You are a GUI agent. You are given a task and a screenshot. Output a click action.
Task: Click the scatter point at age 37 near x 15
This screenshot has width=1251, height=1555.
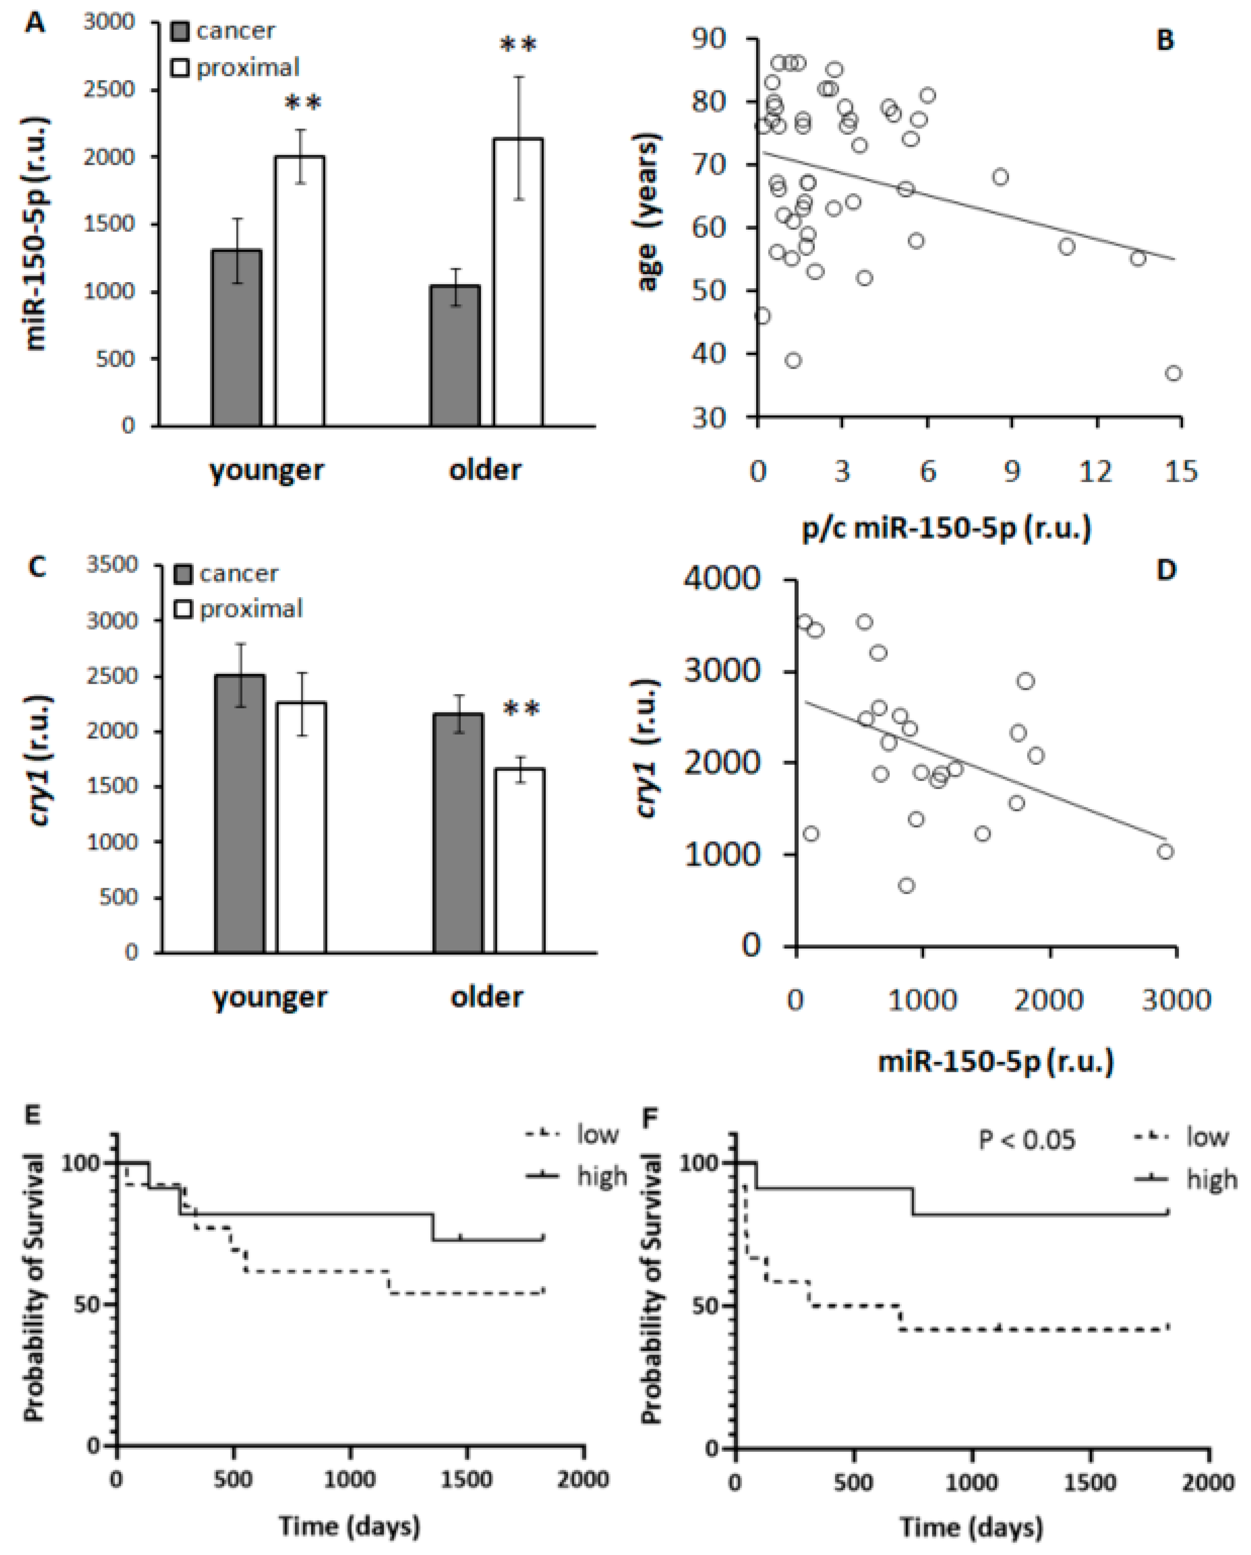point(1173,373)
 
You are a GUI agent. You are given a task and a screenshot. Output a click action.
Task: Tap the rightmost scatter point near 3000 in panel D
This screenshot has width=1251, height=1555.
point(1165,852)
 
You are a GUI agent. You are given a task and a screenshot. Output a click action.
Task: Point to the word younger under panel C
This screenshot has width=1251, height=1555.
point(270,998)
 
